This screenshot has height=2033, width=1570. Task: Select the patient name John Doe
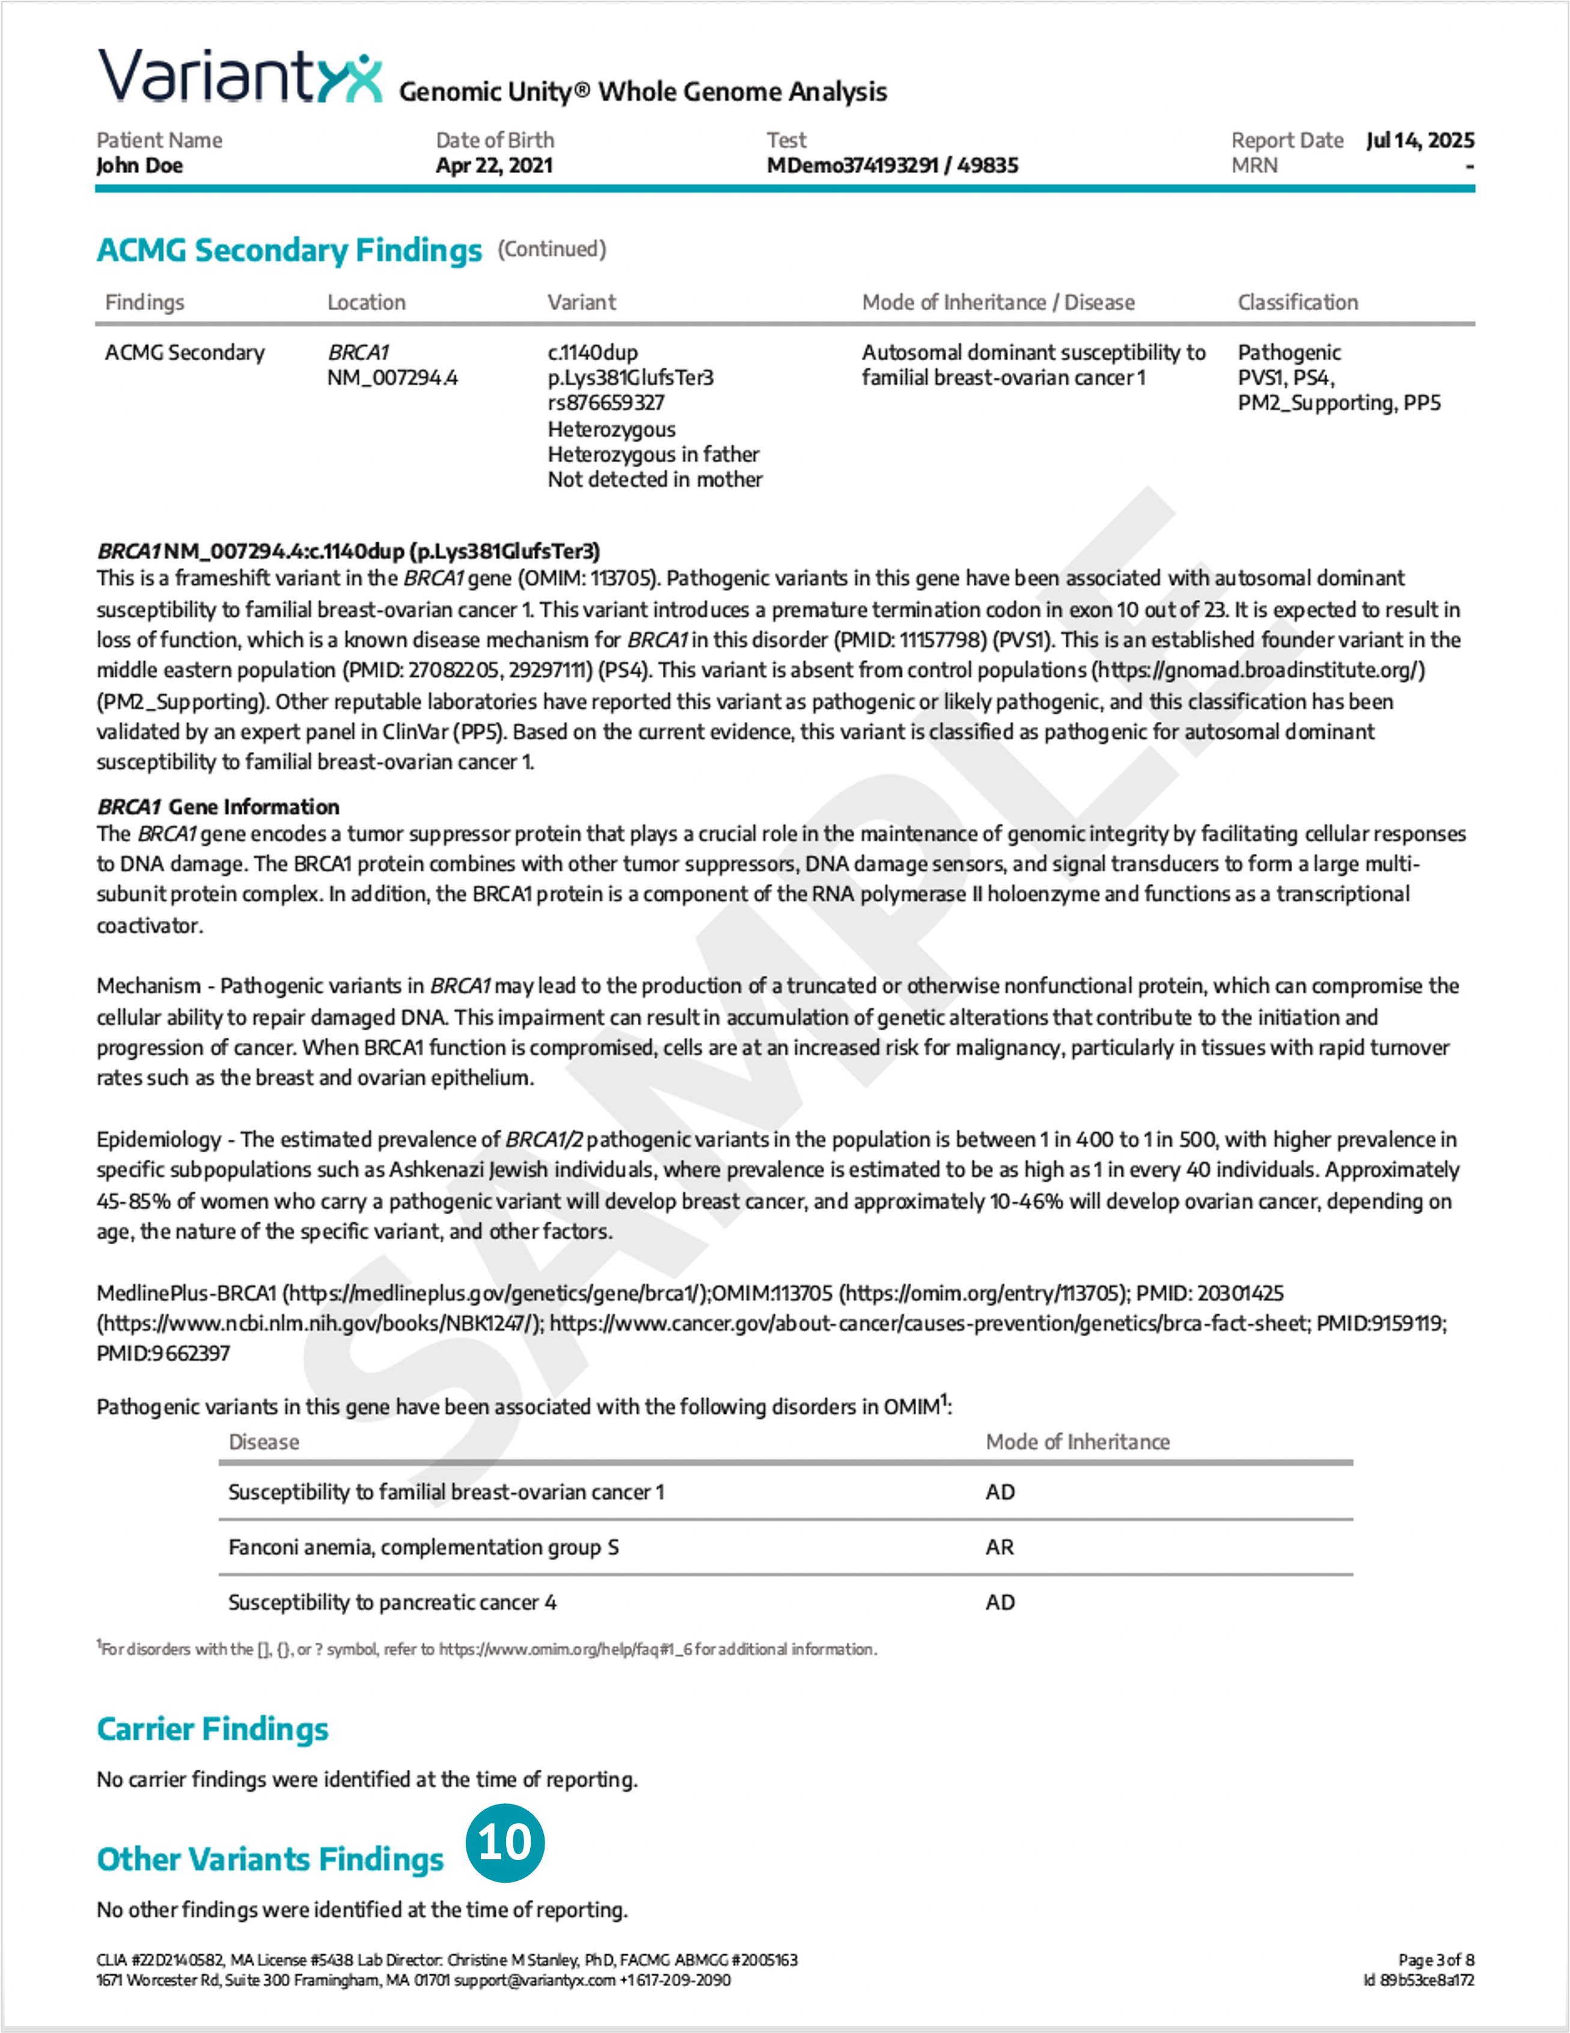139,166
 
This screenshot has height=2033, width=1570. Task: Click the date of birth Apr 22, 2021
494,166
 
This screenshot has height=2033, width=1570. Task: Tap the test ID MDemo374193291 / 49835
891,166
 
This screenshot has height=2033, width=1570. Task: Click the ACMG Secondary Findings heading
290,251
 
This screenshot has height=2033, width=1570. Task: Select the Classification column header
1297,302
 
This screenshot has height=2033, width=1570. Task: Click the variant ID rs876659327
606,403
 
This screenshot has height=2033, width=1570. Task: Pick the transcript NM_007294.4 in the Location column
392,378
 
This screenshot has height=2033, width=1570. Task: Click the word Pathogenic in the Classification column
1289,353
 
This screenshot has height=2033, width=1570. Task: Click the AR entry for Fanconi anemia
1000,1547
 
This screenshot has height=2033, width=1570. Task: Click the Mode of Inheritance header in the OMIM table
1077,1442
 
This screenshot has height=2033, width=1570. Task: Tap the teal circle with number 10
504,1842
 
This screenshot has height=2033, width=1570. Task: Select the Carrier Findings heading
212,1729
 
